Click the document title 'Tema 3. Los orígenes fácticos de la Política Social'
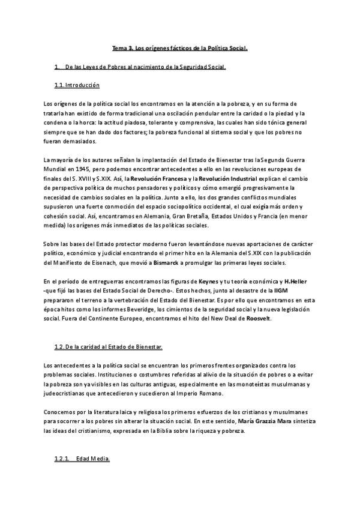point(180,47)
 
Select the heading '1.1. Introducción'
point(77,85)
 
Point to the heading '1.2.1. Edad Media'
point(82,459)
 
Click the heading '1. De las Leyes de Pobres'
point(140,67)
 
